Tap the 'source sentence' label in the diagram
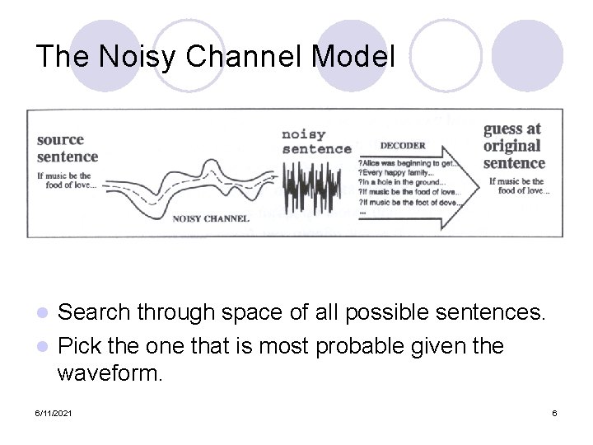[x=68, y=148]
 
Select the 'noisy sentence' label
[x=316, y=141]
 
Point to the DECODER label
[x=404, y=146]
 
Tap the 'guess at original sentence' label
[x=512, y=145]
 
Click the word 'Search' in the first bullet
[x=96, y=313]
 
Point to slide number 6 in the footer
[x=554, y=412]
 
